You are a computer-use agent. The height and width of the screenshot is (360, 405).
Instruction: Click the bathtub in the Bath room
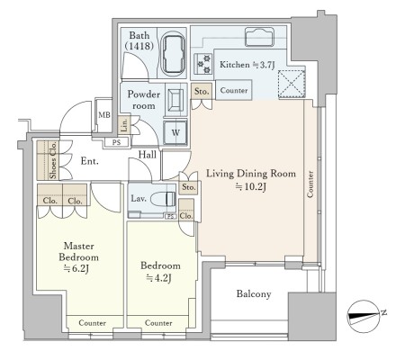click(173, 55)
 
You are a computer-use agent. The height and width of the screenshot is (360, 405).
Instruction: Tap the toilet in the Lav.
click(163, 199)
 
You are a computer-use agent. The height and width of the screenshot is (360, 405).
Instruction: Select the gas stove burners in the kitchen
click(203, 64)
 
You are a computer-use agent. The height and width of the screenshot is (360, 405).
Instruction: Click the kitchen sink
click(259, 37)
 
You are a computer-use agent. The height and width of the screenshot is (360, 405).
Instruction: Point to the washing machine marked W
click(175, 132)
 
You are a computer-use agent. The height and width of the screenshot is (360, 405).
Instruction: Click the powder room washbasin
click(175, 98)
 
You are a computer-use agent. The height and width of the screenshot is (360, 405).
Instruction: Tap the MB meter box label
click(104, 115)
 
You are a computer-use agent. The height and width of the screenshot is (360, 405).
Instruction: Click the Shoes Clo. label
click(53, 160)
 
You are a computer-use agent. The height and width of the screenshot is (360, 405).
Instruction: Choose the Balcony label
click(254, 293)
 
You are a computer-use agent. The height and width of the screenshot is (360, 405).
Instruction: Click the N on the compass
click(383, 312)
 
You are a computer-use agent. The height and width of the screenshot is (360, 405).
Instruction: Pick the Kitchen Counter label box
click(234, 90)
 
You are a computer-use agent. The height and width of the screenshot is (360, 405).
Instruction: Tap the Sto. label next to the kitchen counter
click(202, 91)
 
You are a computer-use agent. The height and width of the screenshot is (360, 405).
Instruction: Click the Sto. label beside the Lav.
click(188, 187)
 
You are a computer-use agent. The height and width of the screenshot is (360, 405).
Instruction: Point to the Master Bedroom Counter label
click(92, 323)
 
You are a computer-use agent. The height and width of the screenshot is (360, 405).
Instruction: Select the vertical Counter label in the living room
click(310, 184)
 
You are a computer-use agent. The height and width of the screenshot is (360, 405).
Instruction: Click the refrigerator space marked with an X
click(292, 84)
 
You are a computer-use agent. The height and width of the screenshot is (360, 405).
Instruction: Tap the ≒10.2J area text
click(251, 187)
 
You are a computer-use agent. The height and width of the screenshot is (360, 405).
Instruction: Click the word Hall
click(148, 155)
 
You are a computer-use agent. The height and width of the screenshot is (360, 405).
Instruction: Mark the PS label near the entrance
click(116, 142)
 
